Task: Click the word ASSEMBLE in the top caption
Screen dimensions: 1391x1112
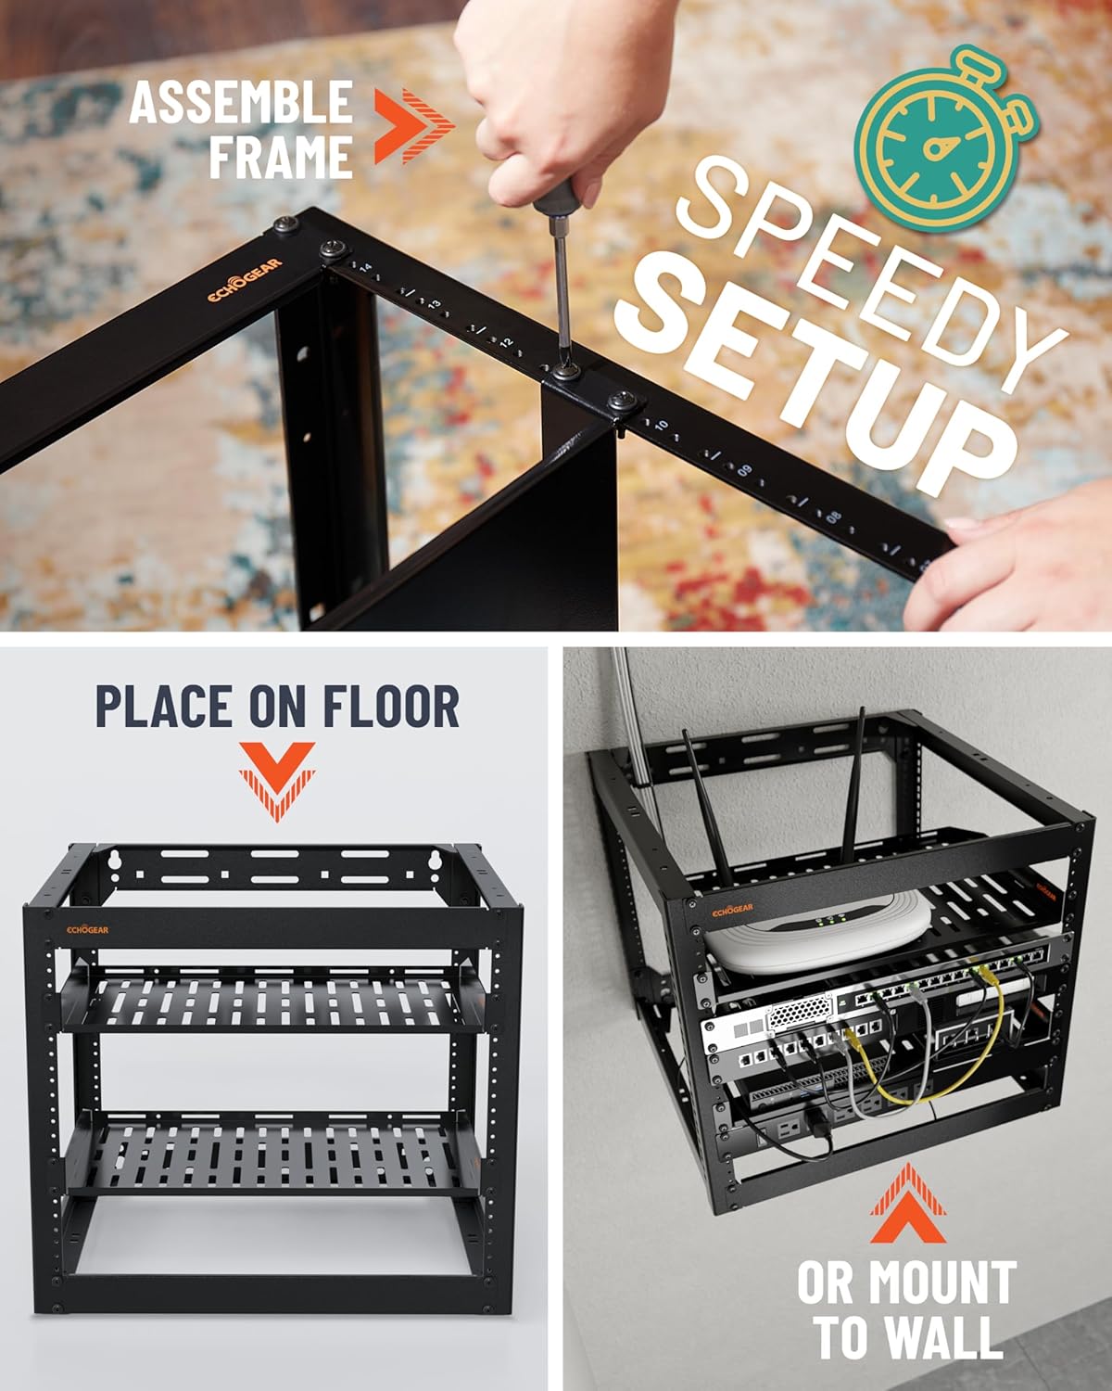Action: click(241, 102)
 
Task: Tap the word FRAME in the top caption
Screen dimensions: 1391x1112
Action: click(281, 155)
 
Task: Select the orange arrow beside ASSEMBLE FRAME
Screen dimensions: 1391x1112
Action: click(413, 126)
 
